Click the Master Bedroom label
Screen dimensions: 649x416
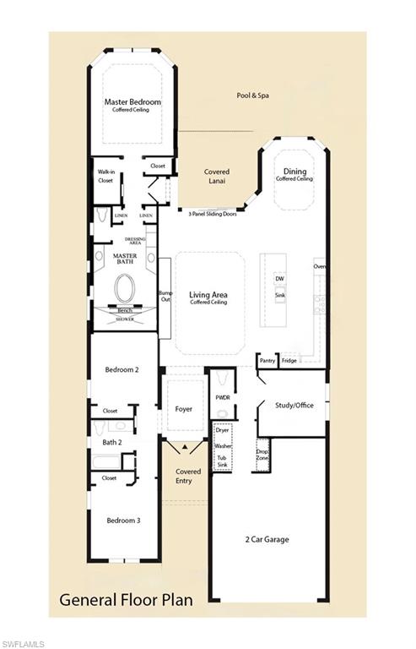(x=132, y=102)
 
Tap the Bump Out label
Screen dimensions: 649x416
(x=165, y=297)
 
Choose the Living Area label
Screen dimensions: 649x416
(x=210, y=295)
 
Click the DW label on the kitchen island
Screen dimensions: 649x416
(x=279, y=278)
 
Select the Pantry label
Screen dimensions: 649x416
(x=267, y=360)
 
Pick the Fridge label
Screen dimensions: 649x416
(x=289, y=360)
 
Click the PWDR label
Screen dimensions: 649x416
(x=223, y=396)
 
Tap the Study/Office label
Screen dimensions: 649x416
(x=294, y=406)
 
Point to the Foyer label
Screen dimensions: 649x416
(x=183, y=409)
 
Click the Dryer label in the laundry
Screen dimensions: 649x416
(x=223, y=430)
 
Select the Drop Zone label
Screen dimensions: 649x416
(x=263, y=455)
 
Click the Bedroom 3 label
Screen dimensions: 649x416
(x=123, y=521)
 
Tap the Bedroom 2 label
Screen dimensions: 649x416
(x=122, y=370)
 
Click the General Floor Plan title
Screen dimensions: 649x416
(x=126, y=599)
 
